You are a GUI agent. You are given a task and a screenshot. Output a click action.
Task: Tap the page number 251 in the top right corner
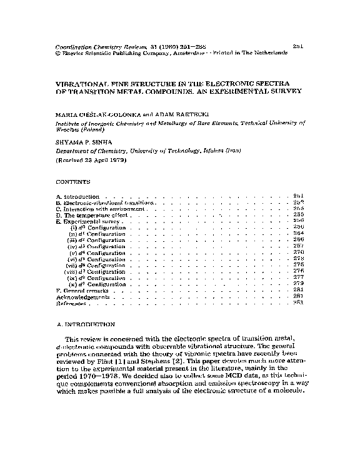[x=298, y=46]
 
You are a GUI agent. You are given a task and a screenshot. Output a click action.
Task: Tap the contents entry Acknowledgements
[x=79, y=297]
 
